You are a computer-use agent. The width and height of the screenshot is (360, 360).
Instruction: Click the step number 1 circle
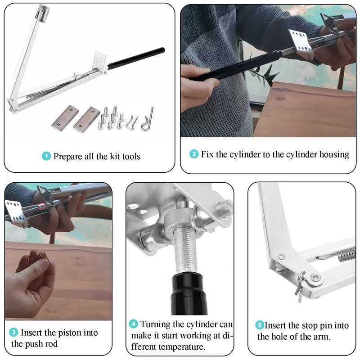pyautogui.click(x=46, y=157)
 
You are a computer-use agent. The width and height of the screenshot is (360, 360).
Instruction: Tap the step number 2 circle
pyautogui.click(x=194, y=154)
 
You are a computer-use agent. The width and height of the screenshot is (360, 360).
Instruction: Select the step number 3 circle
pyautogui.click(x=14, y=333)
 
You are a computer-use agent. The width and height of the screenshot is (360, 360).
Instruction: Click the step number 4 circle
pyautogui.click(x=134, y=324)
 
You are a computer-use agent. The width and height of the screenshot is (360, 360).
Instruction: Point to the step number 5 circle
pyautogui.click(x=260, y=325)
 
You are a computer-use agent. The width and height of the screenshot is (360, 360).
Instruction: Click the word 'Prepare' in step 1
pyautogui.click(x=68, y=157)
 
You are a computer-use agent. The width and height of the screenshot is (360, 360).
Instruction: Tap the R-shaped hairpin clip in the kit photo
pyautogui.click(x=148, y=120)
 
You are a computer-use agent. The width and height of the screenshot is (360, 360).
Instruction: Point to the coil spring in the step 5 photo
pyautogui.click(x=344, y=255)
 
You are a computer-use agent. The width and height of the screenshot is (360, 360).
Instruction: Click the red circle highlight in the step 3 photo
pyautogui.click(x=41, y=207)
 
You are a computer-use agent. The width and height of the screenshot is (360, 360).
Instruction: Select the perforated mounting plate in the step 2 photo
pyautogui.click(x=301, y=43)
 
